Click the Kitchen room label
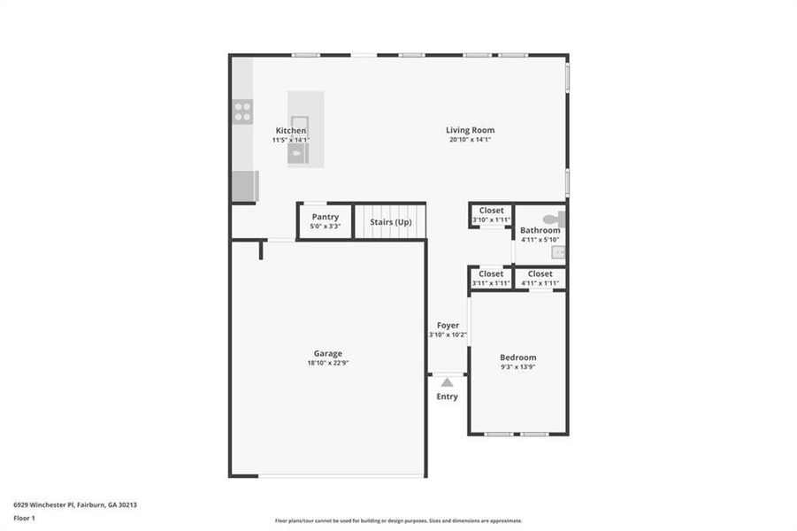[x=290, y=130]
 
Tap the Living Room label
[x=469, y=130]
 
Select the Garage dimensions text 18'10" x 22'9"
[x=327, y=363]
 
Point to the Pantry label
[x=325, y=217]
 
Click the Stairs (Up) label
[x=390, y=221]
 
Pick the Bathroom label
[x=540, y=230]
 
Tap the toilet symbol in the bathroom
[x=551, y=218]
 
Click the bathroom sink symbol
[x=558, y=251]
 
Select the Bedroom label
[x=517, y=358]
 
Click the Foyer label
[x=448, y=325]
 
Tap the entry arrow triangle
[x=448, y=382]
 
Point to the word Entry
[x=448, y=396]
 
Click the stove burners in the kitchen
[x=242, y=112]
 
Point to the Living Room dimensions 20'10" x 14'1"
[x=469, y=140]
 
